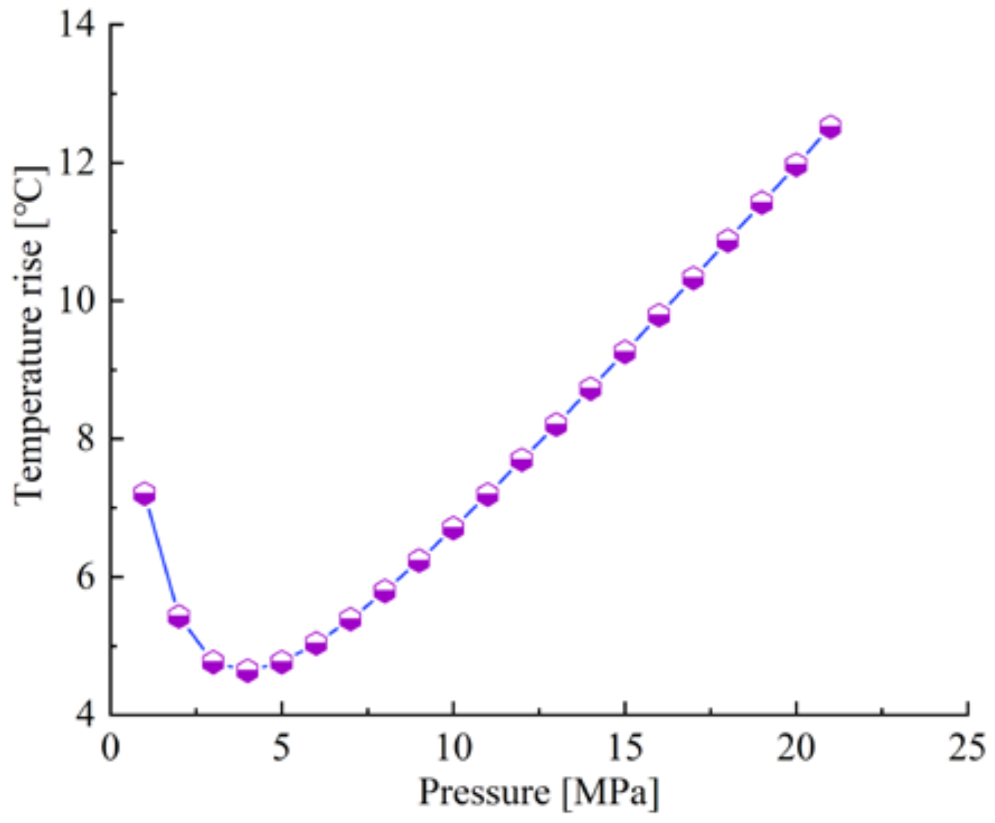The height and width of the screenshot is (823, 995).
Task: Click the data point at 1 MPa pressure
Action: pyautogui.click(x=145, y=494)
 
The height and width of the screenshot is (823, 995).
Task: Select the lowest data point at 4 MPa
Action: pyautogui.click(x=248, y=670)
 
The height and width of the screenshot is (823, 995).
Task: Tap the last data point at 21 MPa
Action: pyautogui.click(x=830, y=127)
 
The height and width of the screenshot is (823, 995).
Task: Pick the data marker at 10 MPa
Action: pyautogui.click(x=453, y=528)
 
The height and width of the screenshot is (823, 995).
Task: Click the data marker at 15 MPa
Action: pyautogui.click(x=625, y=352)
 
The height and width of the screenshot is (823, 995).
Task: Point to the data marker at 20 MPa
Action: pyautogui.click(x=796, y=165)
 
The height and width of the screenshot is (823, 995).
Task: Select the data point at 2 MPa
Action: pyautogui.click(x=179, y=617)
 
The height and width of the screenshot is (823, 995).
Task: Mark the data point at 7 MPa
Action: pyautogui.click(x=350, y=619)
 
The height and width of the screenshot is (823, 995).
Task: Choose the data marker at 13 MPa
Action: pyautogui.click(x=556, y=425)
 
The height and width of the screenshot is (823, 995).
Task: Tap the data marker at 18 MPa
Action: pyautogui.click(x=727, y=241)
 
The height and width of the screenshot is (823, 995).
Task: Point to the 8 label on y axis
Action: pyautogui.click(x=87, y=439)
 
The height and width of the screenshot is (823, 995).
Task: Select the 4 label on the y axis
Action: pyautogui.click(x=87, y=715)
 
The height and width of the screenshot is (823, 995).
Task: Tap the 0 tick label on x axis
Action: pyautogui.click(x=111, y=748)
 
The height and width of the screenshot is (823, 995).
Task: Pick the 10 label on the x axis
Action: pyautogui.click(x=454, y=748)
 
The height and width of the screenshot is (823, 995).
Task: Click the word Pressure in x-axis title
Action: pyautogui.click(x=485, y=793)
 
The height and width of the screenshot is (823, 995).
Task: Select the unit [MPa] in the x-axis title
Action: pyautogui.click(x=611, y=793)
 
